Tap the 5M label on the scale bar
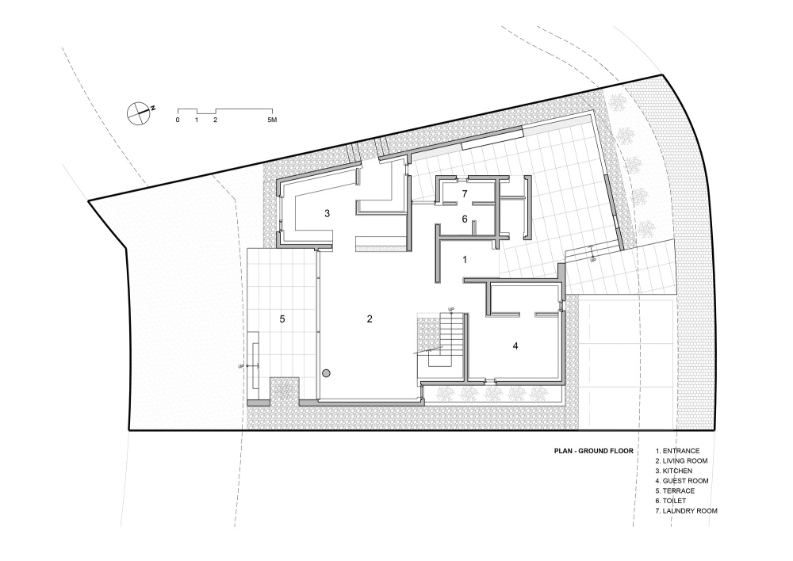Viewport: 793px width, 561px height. tap(272, 120)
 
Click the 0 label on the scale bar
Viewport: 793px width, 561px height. tap(178, 120)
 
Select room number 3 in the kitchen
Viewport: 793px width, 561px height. tap(328, 213)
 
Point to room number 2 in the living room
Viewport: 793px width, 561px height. tap(370, 319)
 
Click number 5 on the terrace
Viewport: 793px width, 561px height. tap(282, 319)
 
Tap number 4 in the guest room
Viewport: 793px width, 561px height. tap(515, 345)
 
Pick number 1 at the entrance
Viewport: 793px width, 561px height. tap(465, 260)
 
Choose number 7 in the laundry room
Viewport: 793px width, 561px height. tap(464, 193)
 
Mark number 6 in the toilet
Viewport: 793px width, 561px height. tap(464, 219)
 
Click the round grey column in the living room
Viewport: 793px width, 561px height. tap(326, 373)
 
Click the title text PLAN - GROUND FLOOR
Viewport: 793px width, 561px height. tap(594, 451)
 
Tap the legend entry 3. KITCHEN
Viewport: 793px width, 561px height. tap(673, 471)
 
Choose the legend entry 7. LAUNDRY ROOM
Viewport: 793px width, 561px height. tap(686, 510)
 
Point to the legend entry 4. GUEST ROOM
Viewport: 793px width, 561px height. tap(682, 481)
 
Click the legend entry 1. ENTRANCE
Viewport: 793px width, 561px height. tap(678, 450)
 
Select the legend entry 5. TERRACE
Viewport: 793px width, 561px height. tap(675, 490)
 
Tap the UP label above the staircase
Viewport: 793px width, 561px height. tap(450, 309)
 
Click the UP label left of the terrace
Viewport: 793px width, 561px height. tap(241, 365)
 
